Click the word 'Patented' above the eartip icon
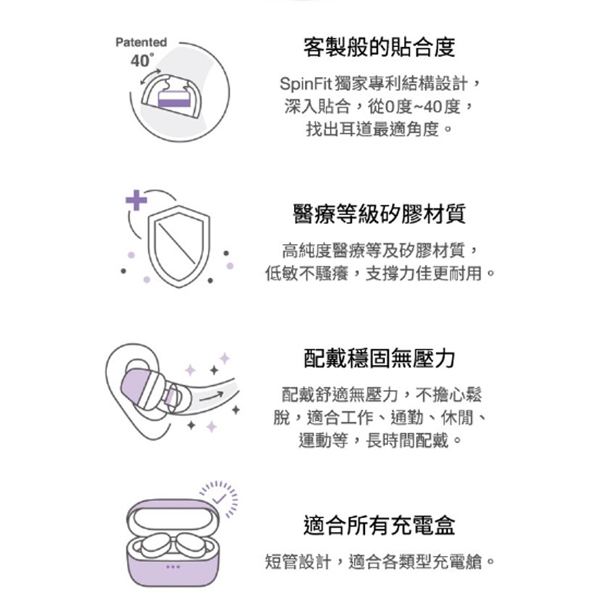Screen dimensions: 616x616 (x=140, y=43)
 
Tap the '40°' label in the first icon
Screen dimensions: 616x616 (x=142, y=61)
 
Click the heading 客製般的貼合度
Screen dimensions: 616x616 (x=380, y=47)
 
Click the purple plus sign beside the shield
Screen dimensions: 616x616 (x=136, y=200)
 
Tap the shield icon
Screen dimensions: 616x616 (x=178, y=246)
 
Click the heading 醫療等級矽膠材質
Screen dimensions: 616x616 (x=380, y=213)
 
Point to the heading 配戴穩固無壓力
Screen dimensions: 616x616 (x=380, y=358)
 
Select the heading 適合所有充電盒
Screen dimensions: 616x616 (x=380, y=526)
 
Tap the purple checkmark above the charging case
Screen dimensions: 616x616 (x=220, y=498)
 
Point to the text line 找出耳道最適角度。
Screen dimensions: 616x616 (x=380, y=129)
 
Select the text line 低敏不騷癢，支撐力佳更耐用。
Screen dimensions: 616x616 (x=380, y=273)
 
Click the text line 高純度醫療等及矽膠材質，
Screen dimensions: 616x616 (x=380, y=249)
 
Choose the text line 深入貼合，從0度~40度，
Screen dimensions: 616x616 (x=380, y=105)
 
